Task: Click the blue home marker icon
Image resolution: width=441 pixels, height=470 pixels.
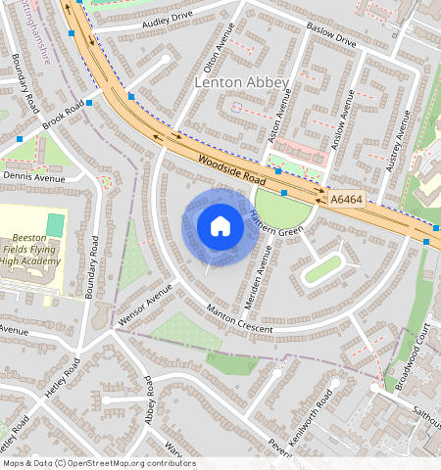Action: [220, 227]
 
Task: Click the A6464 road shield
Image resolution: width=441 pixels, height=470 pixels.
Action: [346, 199]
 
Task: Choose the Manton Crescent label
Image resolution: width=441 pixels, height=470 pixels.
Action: [239, 321]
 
